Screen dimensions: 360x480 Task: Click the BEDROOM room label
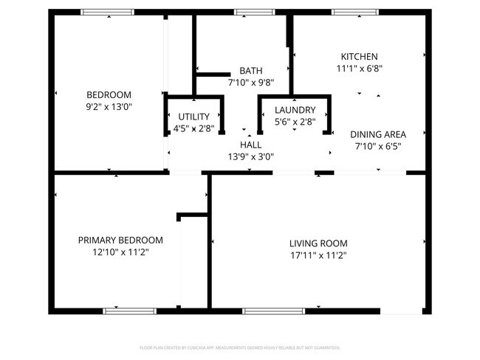point(109,94)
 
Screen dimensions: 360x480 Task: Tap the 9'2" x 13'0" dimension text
point(109,106)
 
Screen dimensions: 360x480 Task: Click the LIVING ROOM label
point(318,243)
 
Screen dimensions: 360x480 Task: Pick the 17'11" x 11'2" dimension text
point(318,255)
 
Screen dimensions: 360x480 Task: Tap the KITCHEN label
point(359,57)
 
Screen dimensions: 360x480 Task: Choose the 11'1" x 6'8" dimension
point(359,69)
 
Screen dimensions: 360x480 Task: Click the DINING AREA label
point(378,134)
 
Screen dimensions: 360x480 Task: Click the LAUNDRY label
point(295,110)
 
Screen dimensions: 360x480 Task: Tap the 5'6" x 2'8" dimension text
point(295,122)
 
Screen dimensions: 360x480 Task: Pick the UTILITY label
point(194,117)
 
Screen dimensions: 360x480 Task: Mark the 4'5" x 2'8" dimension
point(194,128)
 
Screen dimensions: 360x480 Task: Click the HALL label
point(251,145)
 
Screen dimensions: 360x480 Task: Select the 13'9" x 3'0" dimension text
point(251,156)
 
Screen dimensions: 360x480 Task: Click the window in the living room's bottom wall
point(274,311)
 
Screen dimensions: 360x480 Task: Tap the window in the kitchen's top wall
point(357,12)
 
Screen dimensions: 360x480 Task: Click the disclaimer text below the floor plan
point(240,347)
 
